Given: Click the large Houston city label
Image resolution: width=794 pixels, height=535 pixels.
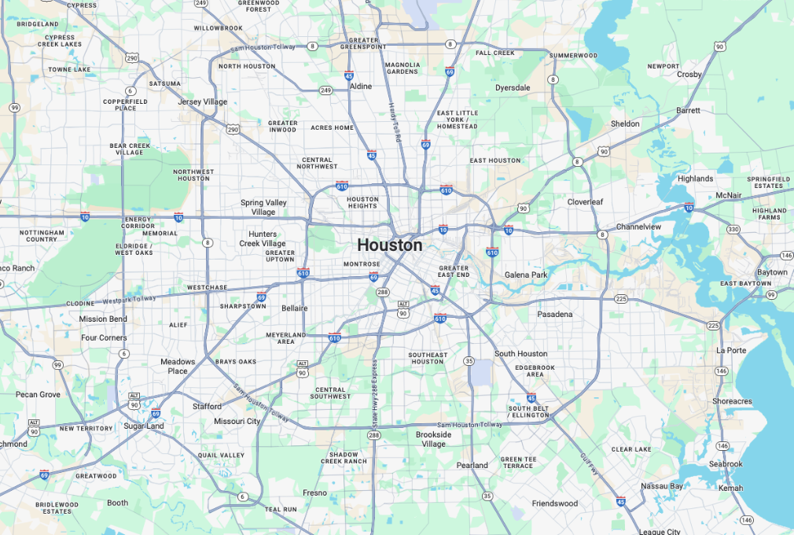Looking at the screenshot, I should [x=389, y=245].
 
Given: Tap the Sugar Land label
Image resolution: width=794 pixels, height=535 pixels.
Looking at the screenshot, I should [x=143, y=426].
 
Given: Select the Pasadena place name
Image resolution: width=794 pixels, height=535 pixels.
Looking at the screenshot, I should [x=555, y=314].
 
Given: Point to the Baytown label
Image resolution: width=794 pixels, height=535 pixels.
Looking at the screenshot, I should [x=772, y=272].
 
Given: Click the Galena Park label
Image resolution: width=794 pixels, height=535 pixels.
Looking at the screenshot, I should [x=525, y=275].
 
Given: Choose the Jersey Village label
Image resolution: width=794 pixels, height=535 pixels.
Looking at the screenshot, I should [x=202, y=102].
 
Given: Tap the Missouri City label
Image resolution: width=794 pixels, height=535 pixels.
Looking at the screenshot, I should [x=237, y=421].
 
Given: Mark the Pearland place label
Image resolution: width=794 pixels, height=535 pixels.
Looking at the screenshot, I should [x=472, y=465].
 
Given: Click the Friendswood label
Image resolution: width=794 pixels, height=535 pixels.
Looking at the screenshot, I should [x=554, y=504].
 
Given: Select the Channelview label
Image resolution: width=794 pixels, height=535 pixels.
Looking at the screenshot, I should [x=638, y=227].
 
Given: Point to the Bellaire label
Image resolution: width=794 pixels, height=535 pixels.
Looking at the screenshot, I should [x=294, y=308].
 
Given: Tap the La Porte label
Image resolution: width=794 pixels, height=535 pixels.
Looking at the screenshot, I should [x=731, y=350].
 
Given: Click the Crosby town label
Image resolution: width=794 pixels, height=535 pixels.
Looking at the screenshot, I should [x=689, y=75].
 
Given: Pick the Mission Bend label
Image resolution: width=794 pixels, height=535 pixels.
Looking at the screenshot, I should [x=103, y=319].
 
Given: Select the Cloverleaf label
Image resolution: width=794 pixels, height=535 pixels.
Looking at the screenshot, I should [x=585, y=202].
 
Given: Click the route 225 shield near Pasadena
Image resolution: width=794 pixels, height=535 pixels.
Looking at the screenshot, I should [x=621, y=299].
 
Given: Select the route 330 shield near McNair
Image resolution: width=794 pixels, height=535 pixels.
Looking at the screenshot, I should [x=733, y=229].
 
